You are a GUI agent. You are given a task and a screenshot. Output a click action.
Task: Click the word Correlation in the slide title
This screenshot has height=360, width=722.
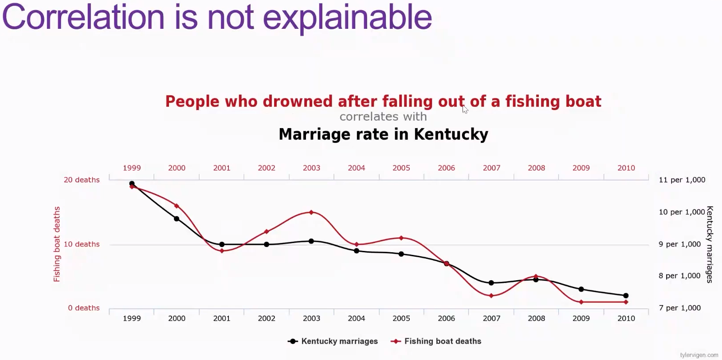pyautogui.click(x=83, y=18)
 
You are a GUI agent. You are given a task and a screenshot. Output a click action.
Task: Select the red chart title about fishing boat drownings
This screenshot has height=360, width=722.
pyautogui.click(x=383, y=102)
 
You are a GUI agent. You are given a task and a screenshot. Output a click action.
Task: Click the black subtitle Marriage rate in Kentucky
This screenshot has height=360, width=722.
pyautogui.click(x=383, y=134)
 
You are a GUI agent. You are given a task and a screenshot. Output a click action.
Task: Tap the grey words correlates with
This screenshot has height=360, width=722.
pyautogui.click(x=383, y=117)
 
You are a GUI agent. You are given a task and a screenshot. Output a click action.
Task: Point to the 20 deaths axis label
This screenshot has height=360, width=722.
pyautogui.click(x=82, y=180)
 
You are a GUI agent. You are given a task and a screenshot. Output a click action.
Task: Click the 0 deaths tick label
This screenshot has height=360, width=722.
pyautogui.click(x=84, y=308)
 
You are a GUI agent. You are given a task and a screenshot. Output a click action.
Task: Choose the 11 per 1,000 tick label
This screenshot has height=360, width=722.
pyautogui.click(x=682, y=180)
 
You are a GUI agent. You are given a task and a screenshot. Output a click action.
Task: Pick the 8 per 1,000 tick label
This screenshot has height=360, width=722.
pyautogui.click(x=679, y=276)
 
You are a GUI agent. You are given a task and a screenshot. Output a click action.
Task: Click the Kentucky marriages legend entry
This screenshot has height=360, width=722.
pyautogui.click(x=333, y=341)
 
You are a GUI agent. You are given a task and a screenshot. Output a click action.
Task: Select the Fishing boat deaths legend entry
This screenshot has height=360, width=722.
pyautogui.click(x=436, y=341)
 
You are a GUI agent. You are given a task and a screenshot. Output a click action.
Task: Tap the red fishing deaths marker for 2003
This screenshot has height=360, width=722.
pyautogui.click(x=311, y=212)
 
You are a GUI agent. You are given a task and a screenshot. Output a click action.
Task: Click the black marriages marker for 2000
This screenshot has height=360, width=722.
pyautogui.click(x=177, y=219)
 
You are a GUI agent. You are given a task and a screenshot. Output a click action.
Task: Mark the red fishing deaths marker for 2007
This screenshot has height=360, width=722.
pyautogui.click(x=491, y=296)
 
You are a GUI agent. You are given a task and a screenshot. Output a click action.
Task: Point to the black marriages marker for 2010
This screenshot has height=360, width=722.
pyautogui.click(x=626, y=296)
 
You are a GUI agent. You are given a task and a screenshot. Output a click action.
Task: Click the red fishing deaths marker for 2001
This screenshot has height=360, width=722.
pyautogui.click(x=222, y=251)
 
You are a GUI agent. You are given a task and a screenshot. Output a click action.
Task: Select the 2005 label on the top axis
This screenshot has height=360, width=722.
pyautogui.click(x=401, y=168)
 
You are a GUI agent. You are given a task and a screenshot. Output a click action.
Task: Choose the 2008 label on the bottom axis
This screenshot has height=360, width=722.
pyautogui.click(x=536, y=318)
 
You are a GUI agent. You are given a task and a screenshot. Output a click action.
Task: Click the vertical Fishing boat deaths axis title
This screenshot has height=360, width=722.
pyautogui.click(x=57, y=244)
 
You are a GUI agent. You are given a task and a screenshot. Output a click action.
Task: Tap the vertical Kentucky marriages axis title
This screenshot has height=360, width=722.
pyautogui.click(x=710, y=244)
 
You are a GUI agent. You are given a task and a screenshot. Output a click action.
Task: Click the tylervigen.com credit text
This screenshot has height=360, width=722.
pyautogui.click(x=699, y=355)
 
